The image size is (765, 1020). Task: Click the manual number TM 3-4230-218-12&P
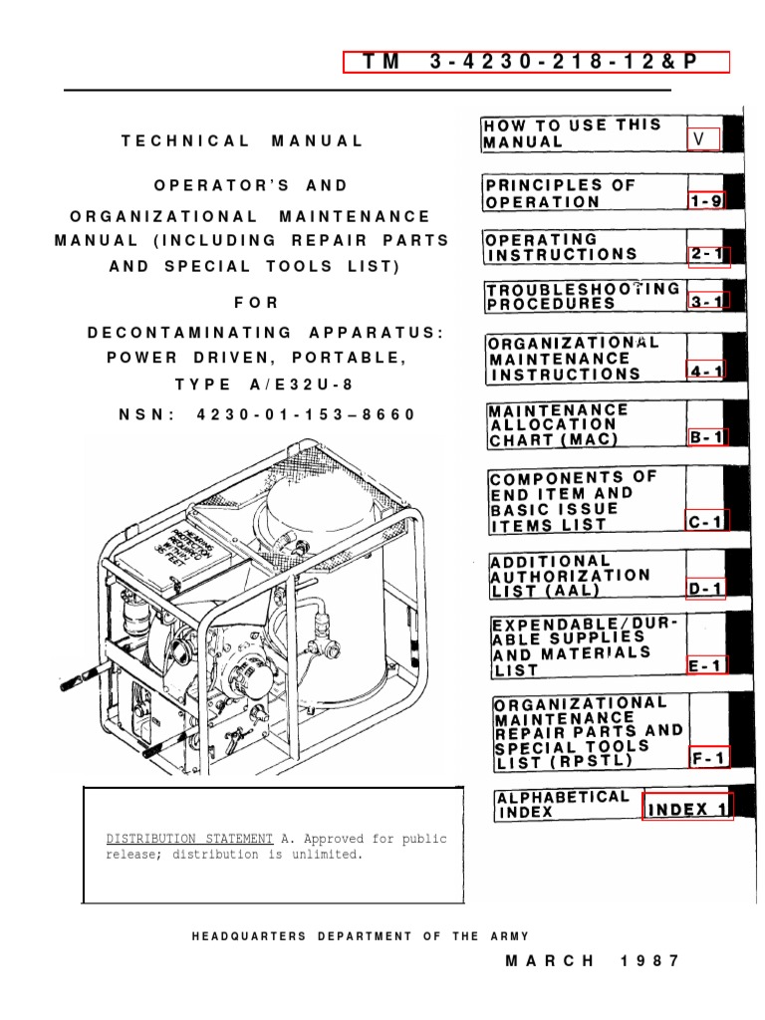pos(536,62)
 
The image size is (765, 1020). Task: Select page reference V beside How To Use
pos(703,140)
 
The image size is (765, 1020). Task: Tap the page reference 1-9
pos(706,201)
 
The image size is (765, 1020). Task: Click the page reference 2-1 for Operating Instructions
pos(708,255)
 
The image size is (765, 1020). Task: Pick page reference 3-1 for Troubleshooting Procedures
pos(708,300)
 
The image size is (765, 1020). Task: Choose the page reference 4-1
pos(706,372)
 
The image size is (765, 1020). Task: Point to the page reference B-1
pos(707,436)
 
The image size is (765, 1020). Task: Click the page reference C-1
pos(706,521)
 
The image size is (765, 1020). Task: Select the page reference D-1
pos(706,589)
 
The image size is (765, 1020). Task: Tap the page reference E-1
pos(706,664)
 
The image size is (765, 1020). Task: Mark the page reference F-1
pos(708,759)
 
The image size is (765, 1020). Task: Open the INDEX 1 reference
pos(687,808)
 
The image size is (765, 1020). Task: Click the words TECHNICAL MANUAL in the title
pos(243,140)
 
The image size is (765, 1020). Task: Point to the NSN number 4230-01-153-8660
pos(268,414)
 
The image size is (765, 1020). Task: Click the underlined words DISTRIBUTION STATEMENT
pos(190,839)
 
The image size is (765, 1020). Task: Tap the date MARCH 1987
pos(593,961)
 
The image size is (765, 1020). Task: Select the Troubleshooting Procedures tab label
pos(583,296)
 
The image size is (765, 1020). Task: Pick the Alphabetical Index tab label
pos(563,805)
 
